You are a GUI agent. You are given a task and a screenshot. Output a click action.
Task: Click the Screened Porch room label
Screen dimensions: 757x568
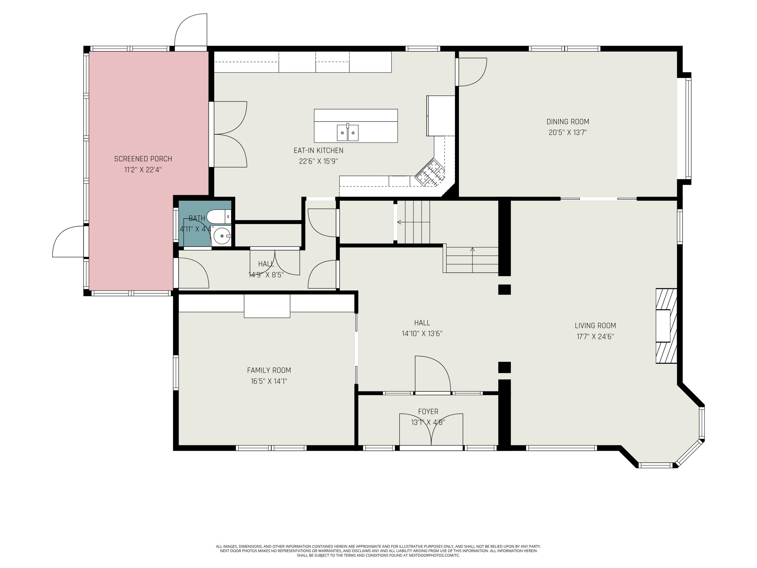[143, 159]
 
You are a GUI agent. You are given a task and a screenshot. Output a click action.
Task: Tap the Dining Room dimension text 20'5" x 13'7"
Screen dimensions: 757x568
[568, 133]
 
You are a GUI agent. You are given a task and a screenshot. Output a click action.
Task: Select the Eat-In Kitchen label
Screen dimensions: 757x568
[318, 150]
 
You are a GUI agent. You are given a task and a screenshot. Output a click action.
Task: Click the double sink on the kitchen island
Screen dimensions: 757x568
[348, 133]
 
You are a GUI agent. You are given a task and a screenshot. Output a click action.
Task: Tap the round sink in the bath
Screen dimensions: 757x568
[222, 236]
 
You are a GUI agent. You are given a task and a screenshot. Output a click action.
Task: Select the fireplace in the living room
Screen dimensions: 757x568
[666, 326]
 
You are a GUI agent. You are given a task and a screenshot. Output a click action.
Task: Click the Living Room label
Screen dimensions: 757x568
[595, 326]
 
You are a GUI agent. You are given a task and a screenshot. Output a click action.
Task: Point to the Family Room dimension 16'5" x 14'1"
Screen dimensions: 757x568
[269, 381]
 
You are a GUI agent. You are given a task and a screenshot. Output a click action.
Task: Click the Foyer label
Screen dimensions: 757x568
[428, 411]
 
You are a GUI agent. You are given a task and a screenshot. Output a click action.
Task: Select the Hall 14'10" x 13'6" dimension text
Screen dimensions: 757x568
[422, 333]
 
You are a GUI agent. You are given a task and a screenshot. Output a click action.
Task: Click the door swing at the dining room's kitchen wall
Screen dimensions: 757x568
[473, 72]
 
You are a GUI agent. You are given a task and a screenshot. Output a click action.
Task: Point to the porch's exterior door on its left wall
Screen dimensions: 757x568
[68, 241]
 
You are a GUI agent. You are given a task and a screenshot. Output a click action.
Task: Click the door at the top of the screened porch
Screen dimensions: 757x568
[191, 30]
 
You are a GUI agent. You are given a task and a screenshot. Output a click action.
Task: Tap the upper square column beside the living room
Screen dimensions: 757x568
[504, 289]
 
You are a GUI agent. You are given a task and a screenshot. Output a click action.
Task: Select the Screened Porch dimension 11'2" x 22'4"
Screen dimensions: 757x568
[143, 170]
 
